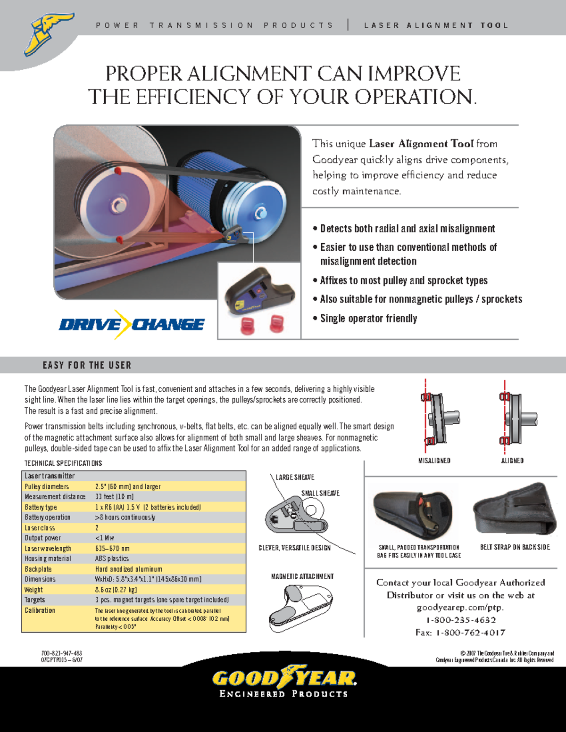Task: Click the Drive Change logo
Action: tap(132, 324)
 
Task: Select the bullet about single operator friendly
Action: tap(368, 319)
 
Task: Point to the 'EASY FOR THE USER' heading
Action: tap(87, 365)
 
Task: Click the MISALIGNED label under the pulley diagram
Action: tap(434, 461)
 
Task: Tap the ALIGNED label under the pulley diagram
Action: tap(512, 461)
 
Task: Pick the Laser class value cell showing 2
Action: tap(97, 528)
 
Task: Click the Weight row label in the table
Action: tap(33, 590)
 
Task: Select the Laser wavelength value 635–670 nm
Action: tap(112, 549)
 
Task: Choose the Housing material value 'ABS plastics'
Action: tap(112, 559)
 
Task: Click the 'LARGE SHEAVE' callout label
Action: tap(295, 477)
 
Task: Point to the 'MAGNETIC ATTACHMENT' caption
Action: tap(302, 576)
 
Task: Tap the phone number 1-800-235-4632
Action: tap(461, 620)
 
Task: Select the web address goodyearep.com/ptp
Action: tap(460, 608)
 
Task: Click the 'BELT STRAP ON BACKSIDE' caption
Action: tap(515, 547)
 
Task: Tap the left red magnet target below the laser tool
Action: tap(248, 325)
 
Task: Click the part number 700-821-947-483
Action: tap(61, 653)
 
